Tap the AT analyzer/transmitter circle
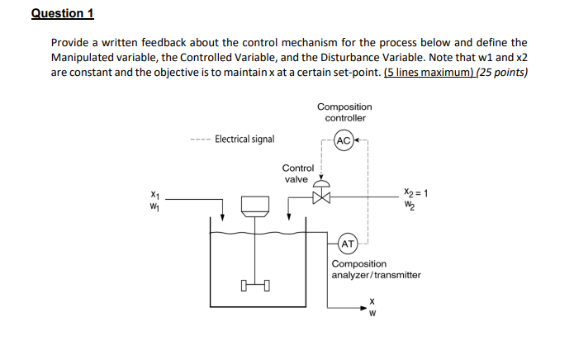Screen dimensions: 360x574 (x=348, y=244)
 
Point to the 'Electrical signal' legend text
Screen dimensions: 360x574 (x=244, y=140)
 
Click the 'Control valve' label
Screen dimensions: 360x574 (x=296, y=173)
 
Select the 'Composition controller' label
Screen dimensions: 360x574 (x=344, y=112)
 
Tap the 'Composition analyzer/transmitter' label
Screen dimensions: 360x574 (x=376, y=269)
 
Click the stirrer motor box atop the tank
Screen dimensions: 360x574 (x=256, y=204)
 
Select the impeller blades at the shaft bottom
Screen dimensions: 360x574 (x=256, y=287)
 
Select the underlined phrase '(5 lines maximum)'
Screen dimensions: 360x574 (x=429, y=72)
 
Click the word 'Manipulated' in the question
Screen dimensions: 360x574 (x=86, y=57)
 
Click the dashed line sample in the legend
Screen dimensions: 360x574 (x=198, y=140)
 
